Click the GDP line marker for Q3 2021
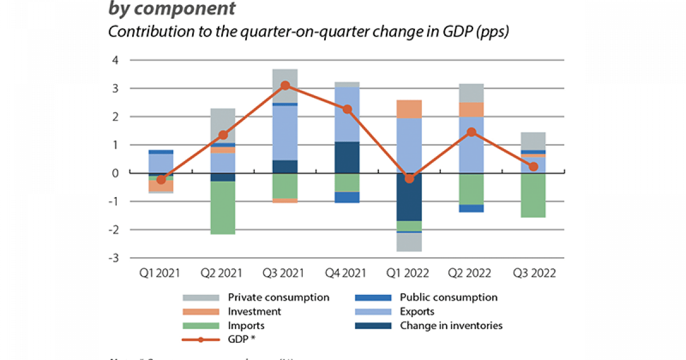285,86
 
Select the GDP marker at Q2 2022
470,132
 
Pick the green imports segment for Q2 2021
223,207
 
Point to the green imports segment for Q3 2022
533,195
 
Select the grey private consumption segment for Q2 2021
223,125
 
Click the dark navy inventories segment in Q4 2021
347,157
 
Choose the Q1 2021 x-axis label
161,273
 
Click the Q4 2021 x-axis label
347,273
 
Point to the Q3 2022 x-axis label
533,273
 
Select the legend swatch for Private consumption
201,298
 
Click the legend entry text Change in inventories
451,326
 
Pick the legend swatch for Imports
201,326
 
